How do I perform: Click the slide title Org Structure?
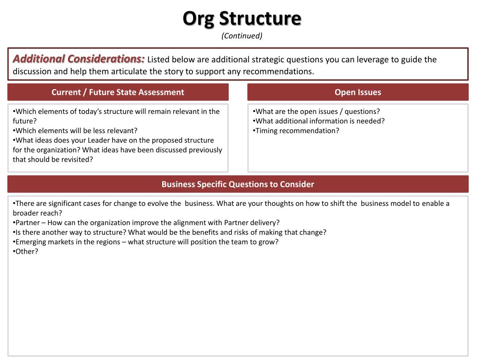pos(242,19)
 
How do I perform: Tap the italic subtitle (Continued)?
pos(242,36)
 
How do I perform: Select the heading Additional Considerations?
pos(79,59)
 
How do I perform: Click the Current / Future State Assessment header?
pos(118,92)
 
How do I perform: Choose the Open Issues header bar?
pos(358,92)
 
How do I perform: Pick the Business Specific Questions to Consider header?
pos(238,184)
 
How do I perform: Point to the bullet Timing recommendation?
pos(296,130)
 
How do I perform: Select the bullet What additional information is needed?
pos(319,121)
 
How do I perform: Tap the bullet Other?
pos(26,251)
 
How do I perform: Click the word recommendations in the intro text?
pos(277,72)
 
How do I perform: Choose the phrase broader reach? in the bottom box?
pos(37,213)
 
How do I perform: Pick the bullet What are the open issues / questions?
pos(316,112)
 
